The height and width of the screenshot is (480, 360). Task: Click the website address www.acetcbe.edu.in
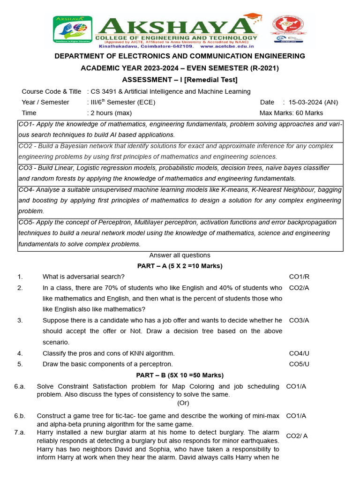(x=227, y=46)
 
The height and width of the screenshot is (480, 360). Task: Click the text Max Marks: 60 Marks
(x=291, y=113)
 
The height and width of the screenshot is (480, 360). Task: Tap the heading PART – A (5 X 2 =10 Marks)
(x=180, y=266)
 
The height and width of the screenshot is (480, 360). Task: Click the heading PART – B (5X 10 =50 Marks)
(x=180, y=375)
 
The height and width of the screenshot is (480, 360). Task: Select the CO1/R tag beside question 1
(x=299, y=277)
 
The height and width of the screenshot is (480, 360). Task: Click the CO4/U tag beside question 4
(x=299, y=353)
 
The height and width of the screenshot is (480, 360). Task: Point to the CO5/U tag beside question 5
(x=299, y=364)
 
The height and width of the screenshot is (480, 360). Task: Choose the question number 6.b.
(x=20, y=416)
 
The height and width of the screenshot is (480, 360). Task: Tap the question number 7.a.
(x=20, y=432)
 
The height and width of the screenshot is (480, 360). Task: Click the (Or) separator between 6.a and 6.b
(x=183, y=403)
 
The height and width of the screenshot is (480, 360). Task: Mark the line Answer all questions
(x=180, y=255)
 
